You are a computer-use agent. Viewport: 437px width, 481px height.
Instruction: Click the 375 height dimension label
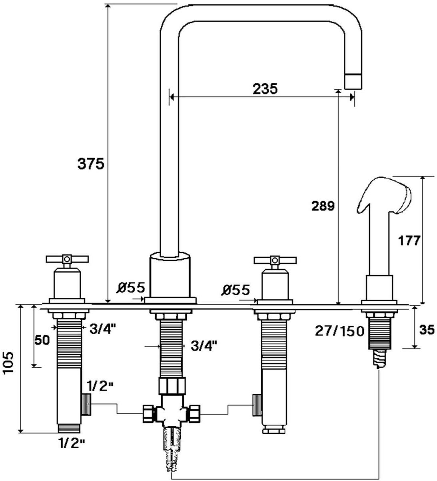pos(91,164)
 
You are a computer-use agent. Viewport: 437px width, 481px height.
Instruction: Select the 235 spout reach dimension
pos(265,88)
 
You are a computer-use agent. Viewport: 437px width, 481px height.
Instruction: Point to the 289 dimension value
pos(323,206)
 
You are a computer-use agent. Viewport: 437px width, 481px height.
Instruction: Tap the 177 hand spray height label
pos(409,240)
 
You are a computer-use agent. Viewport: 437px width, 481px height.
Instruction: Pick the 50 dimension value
pos(41,340)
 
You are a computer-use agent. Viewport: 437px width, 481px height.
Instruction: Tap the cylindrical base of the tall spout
pos(170,275)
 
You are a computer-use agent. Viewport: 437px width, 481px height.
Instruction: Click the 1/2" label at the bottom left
pos(72,443)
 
